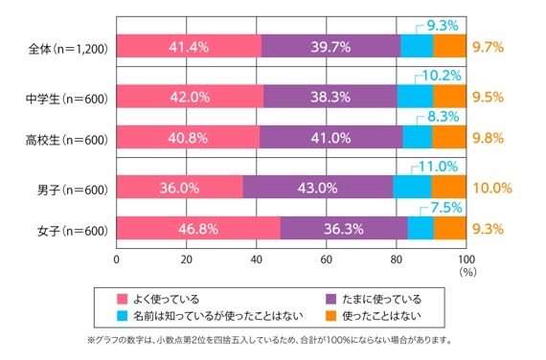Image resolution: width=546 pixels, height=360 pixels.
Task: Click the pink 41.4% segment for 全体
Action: click(x=189, y=46)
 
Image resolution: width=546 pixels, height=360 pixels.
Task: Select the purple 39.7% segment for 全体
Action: click(x=330, y=46)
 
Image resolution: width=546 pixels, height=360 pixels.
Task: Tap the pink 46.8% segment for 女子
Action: click(x=198, y=229)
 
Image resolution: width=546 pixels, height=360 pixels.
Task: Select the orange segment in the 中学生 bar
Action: click(x=449, y=97)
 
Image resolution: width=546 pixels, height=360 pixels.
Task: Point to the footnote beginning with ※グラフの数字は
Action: click(x=273, y=340)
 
